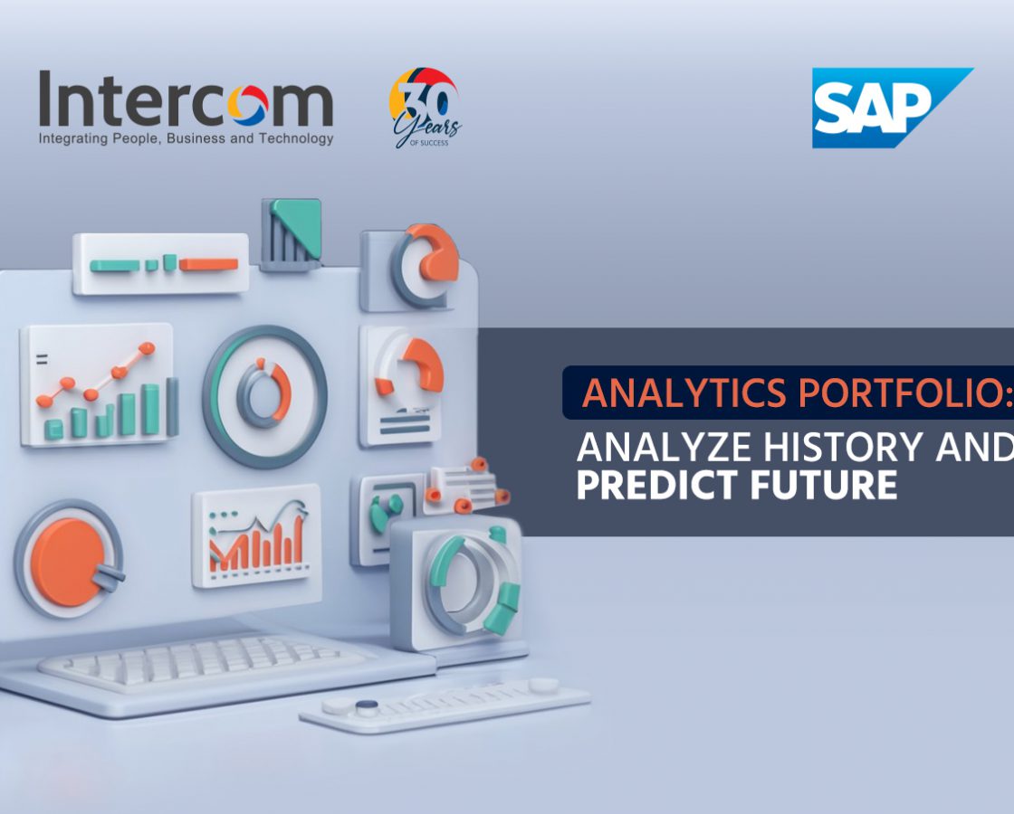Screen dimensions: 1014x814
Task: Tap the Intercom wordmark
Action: point(187,99)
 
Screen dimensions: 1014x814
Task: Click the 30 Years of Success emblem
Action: point(425,108)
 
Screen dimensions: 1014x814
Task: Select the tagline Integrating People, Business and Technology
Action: point(187,138)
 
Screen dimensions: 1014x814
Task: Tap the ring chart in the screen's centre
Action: point(264,395)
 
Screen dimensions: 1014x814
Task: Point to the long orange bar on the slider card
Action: point(208,264)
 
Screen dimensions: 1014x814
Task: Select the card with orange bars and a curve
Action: point(257,535)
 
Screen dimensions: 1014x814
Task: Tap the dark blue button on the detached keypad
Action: point(367,705)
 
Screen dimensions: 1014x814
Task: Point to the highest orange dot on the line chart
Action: point(147,349)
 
